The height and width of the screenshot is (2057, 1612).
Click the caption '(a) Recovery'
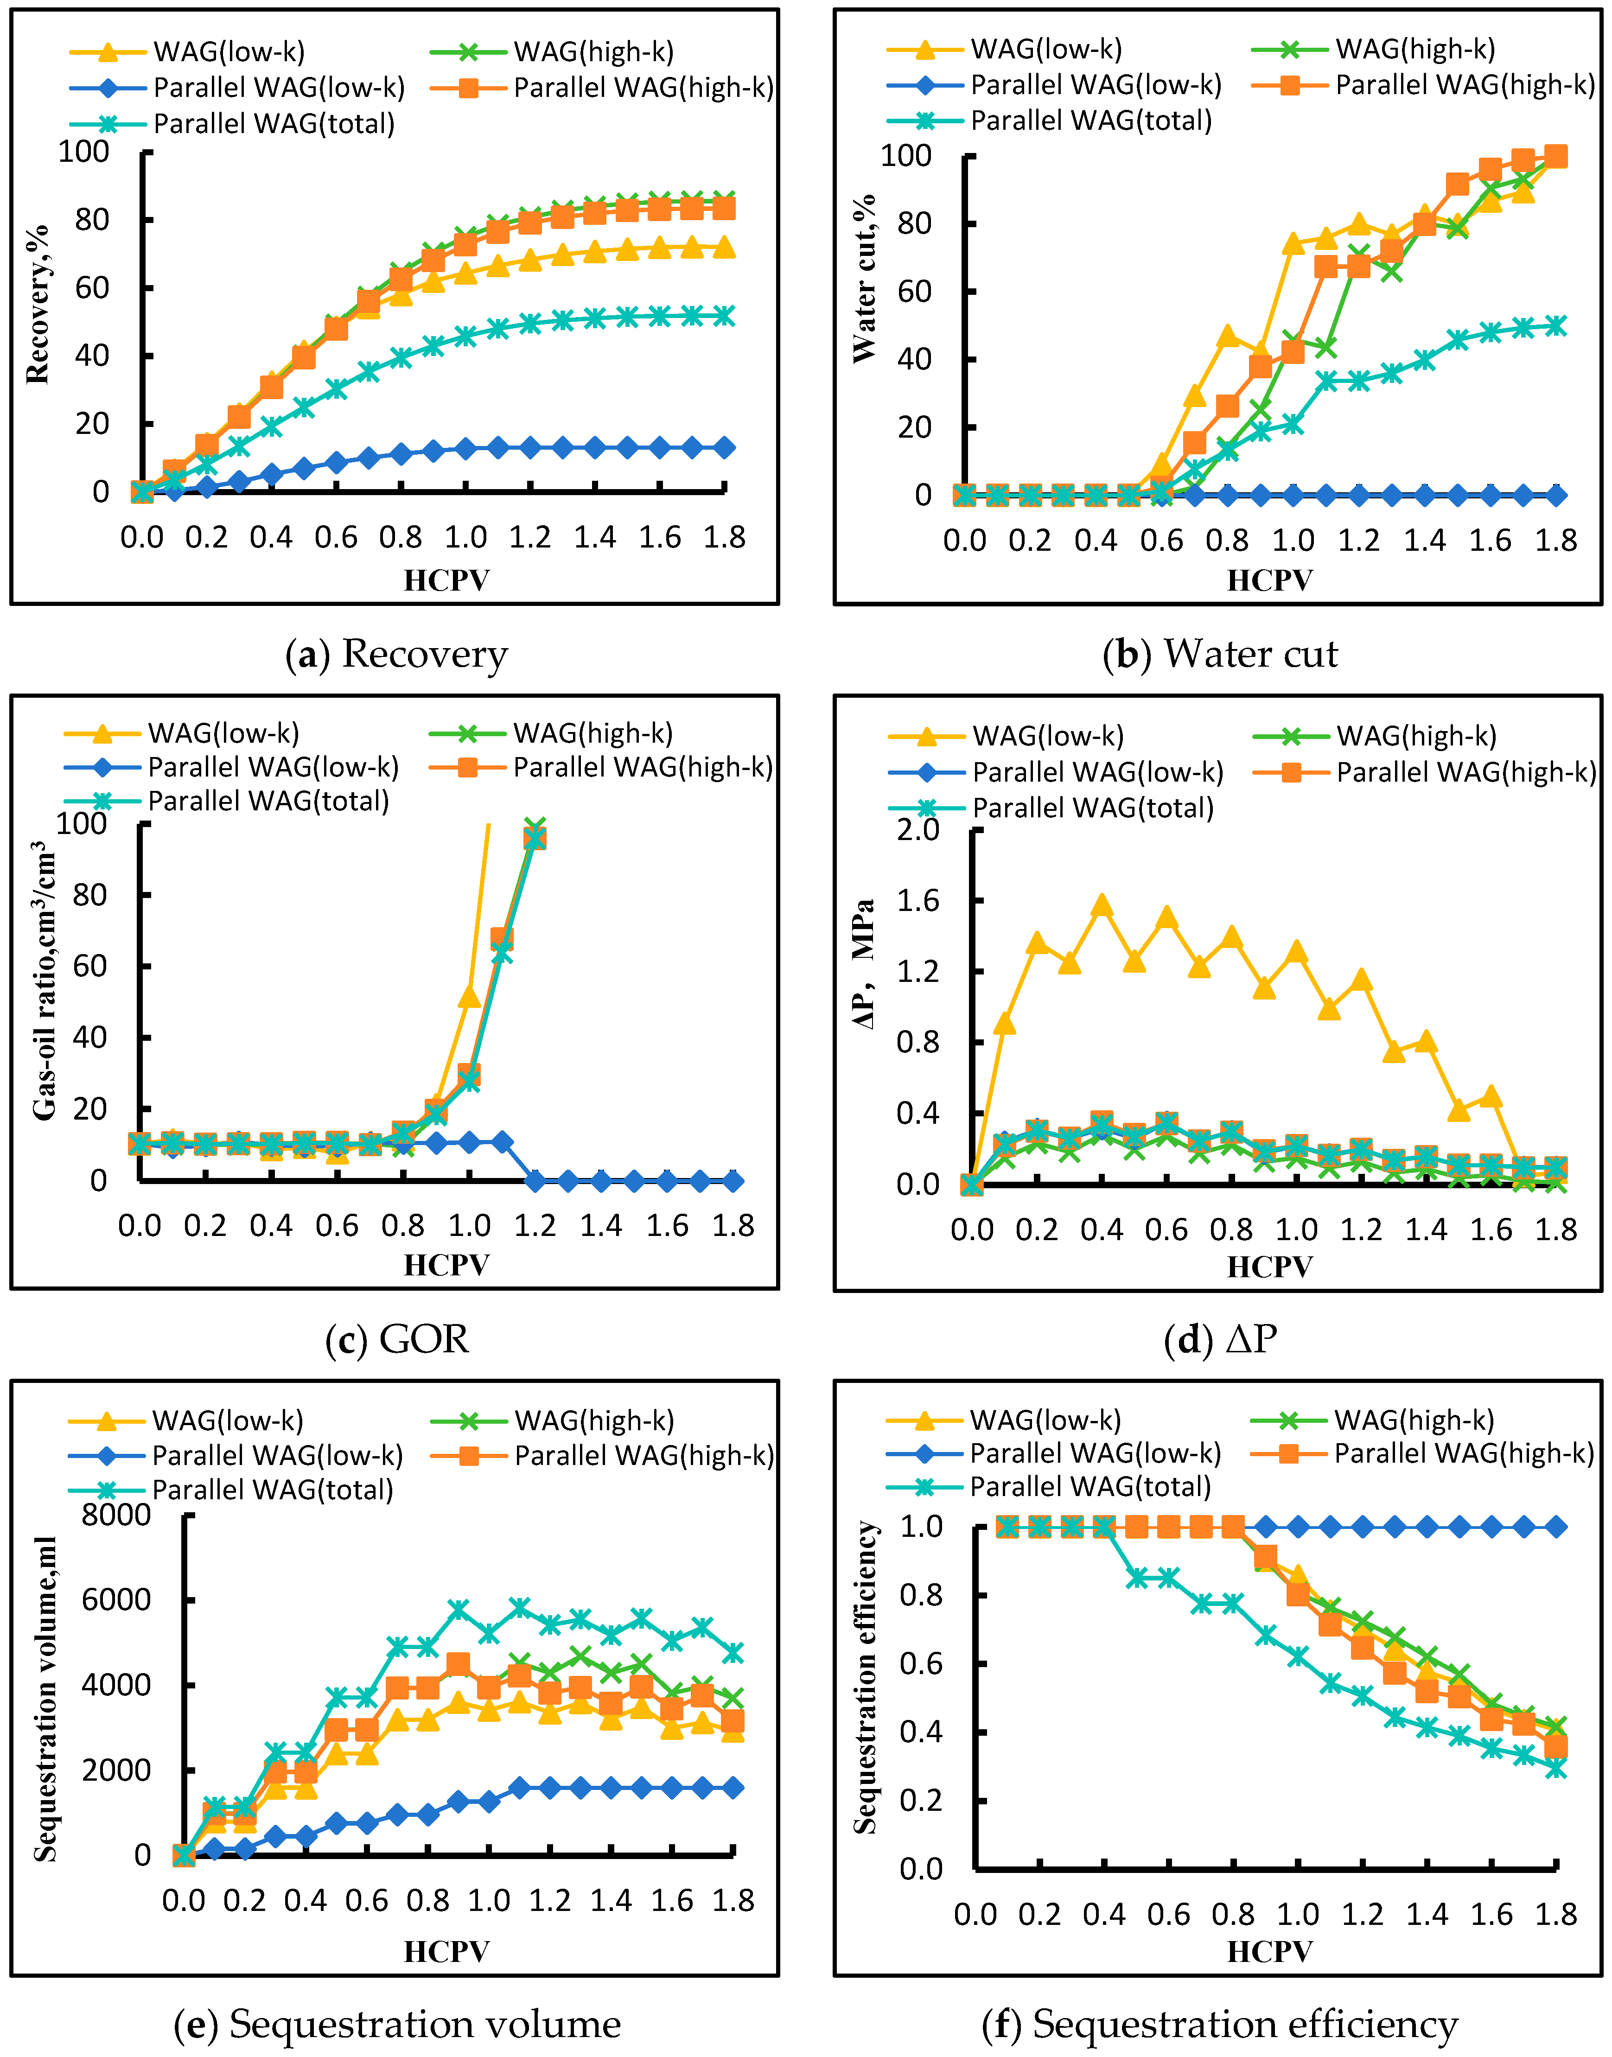[396, 654]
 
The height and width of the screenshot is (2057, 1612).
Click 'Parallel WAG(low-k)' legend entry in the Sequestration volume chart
[236, 1455]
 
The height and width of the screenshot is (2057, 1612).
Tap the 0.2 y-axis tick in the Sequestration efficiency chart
[921, 1800]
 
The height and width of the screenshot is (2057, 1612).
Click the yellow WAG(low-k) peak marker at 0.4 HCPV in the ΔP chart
[1102, 906]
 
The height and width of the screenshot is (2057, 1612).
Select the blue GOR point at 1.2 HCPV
[535, 1180]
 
